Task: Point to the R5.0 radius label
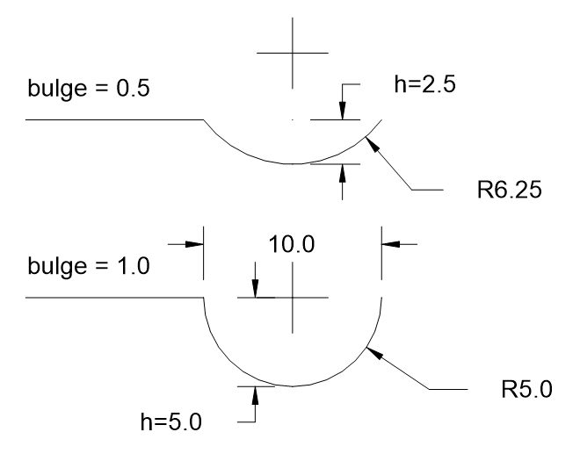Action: pos(524,388)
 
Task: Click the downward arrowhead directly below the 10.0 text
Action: pos(255,291)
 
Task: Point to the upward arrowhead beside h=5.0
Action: pos(255,393)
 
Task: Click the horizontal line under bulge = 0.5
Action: pos(114,119)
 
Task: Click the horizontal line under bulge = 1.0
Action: pos(114,299)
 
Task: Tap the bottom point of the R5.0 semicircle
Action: pos(293,385)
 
